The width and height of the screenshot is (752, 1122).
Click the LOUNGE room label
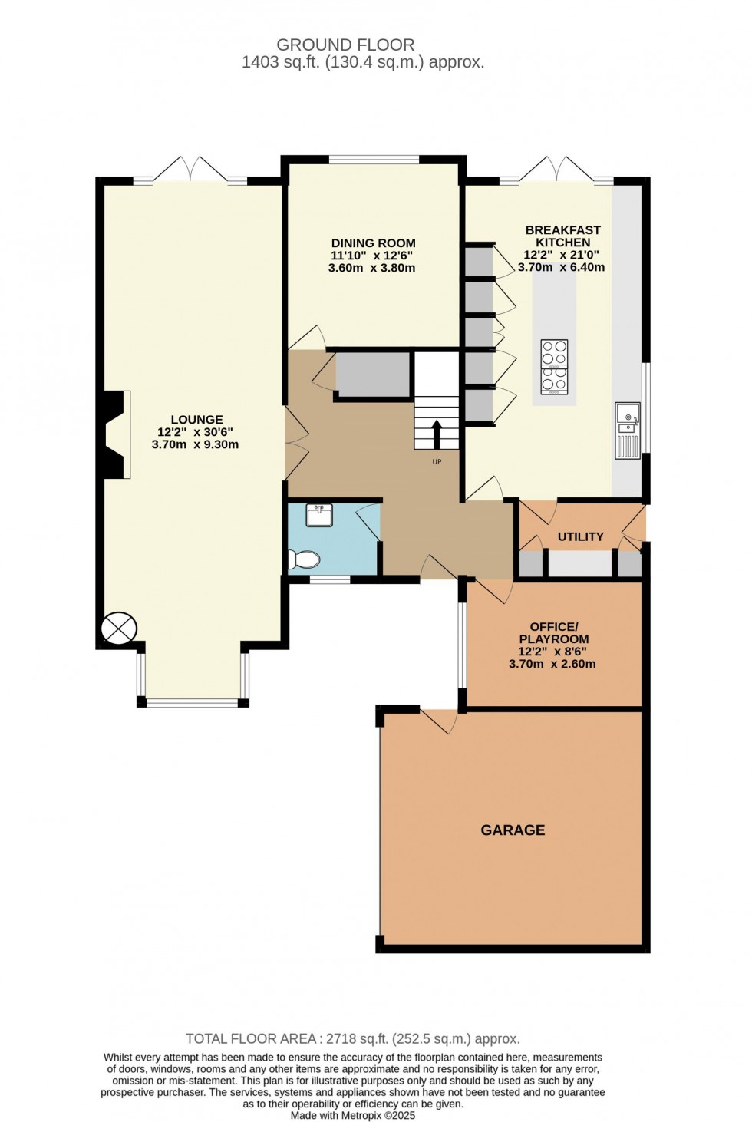point(196,420)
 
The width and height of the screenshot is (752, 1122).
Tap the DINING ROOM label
point(373,243)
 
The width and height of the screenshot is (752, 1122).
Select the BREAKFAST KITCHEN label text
point(562,236)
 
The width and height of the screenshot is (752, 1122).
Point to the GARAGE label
point(513,830)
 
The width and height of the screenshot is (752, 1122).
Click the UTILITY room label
point(580,536)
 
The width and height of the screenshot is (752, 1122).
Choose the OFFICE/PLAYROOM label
point(553,633)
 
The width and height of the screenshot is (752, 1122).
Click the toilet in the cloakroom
point(304,559)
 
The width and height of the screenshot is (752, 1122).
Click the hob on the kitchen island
point(554,367)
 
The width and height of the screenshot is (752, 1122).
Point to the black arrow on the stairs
point(437,434)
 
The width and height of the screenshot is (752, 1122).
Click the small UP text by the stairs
point(437,462)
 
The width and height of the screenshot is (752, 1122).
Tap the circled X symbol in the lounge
point(119,629)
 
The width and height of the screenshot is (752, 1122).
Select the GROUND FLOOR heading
point(345,45)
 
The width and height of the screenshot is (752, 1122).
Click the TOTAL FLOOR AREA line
point(353,1038)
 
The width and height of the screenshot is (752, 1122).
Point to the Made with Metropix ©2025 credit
point(353,1115)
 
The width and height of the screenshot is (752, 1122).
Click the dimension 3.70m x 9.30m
point(195,444)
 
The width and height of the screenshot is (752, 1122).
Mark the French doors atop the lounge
point(190,170)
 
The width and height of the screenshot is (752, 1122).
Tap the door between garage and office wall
point(438,721)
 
